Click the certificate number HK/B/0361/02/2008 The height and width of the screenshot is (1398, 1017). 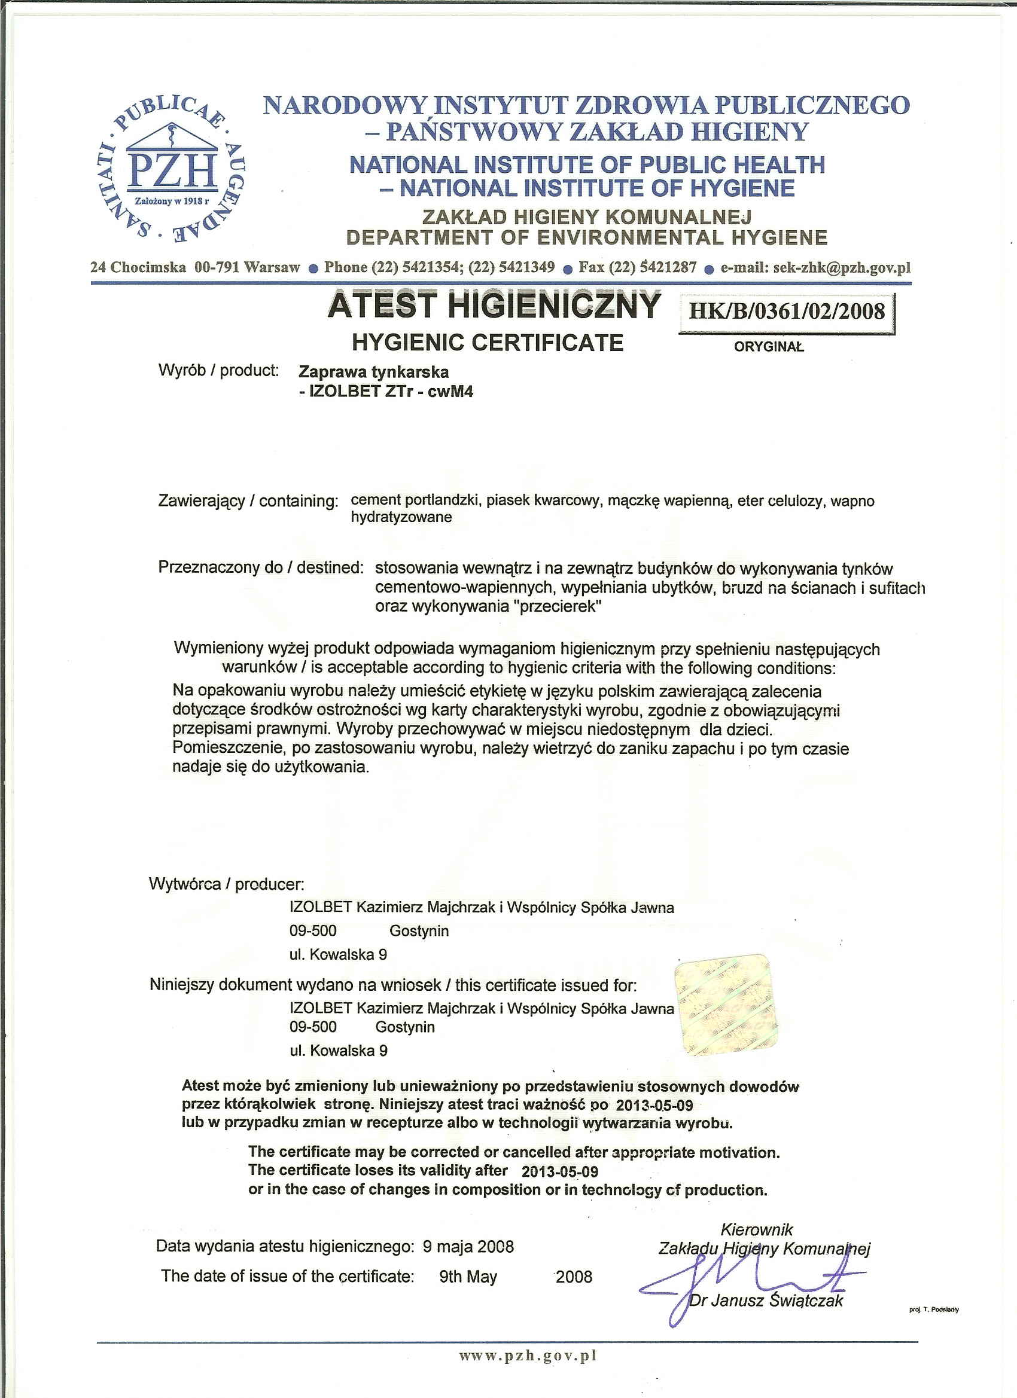[786, 311]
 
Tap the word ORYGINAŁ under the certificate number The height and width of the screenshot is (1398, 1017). [769, 346]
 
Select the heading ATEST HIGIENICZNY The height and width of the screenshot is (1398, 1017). [494, 306]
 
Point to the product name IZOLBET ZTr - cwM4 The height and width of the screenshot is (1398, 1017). [386, 392]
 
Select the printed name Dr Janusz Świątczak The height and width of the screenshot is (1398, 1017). [765, 1301]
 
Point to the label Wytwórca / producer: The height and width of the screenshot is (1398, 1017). [226, 884]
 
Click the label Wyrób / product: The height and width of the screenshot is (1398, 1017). [218, 371]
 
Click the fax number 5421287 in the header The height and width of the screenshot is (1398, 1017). [668, 267]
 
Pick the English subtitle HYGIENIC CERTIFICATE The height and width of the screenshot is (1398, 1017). [487, 343]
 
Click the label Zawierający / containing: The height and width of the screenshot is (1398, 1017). [248, 500]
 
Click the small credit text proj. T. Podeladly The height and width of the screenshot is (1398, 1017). [934, 1310]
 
